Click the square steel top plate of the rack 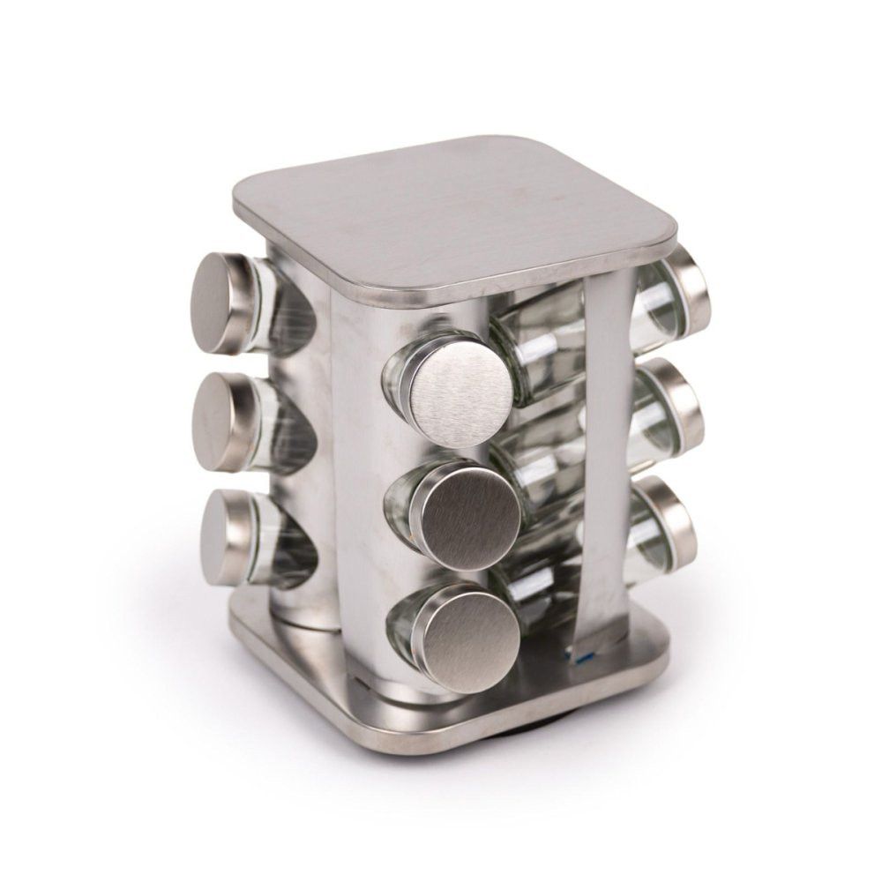tap(459, 212)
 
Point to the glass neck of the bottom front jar tap(401, 622)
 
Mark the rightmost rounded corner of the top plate tap(675, 238)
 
